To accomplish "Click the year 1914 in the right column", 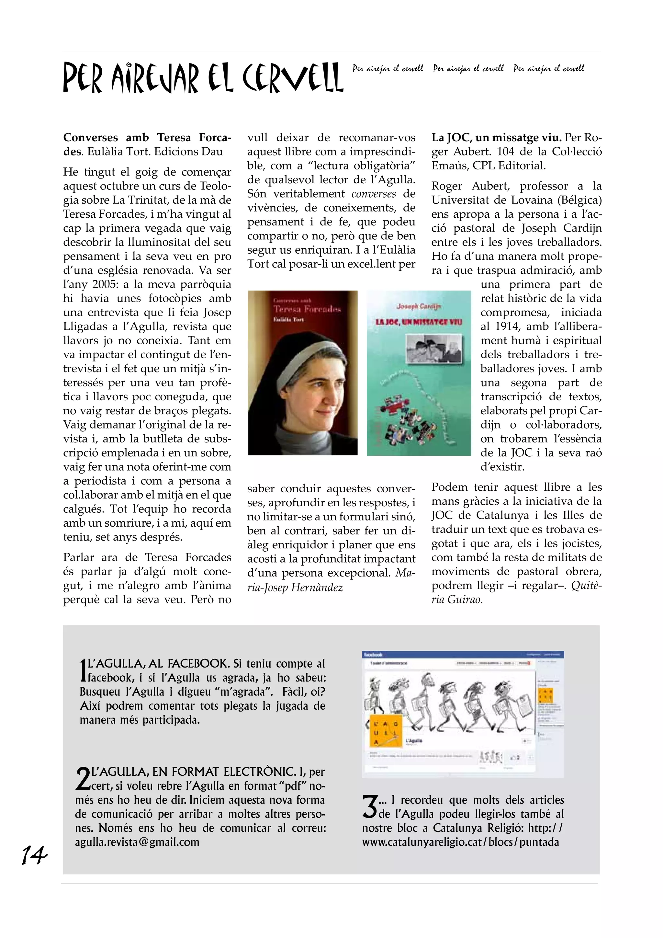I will (508, 326).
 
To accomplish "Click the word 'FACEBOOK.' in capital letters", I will (198, 663).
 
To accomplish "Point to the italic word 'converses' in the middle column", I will (374, 194).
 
